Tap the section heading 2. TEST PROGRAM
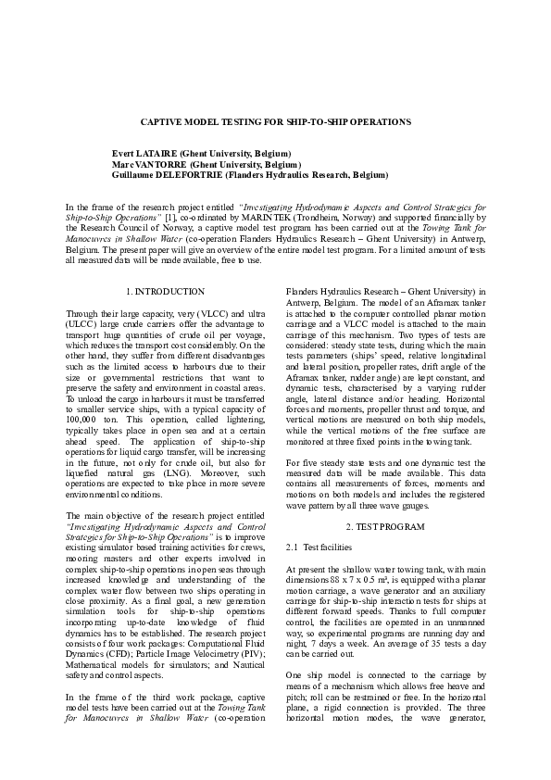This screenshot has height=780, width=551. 384,527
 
